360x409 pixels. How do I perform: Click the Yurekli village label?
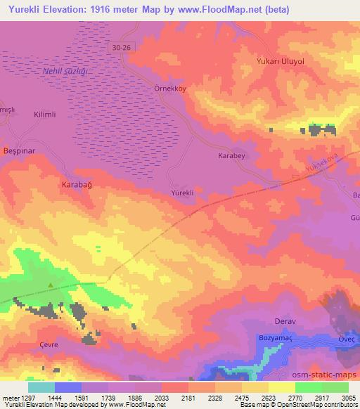182,192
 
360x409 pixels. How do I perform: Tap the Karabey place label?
231,156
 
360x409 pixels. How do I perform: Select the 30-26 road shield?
122,47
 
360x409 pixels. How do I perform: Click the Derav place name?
285,322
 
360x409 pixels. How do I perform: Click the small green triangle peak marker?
51,285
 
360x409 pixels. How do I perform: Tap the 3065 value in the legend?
349,397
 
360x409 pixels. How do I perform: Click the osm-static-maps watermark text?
329,374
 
